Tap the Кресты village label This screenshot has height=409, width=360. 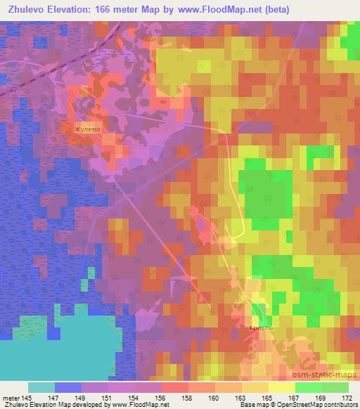259,328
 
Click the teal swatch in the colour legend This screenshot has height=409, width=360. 41,387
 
